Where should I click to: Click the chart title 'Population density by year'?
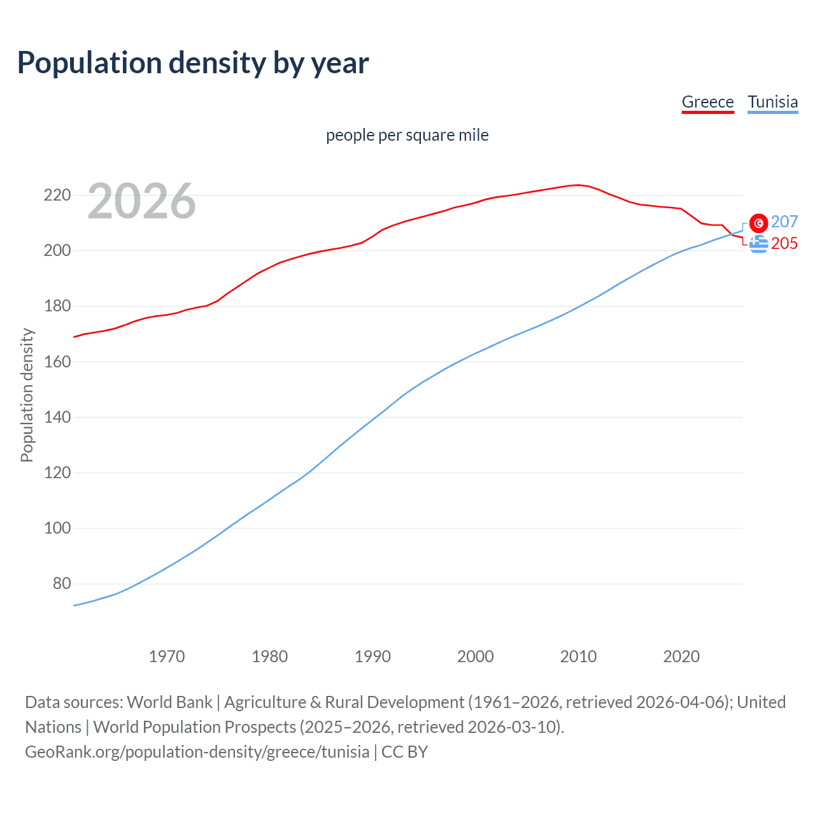tap(193, 63)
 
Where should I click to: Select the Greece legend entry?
tap(707, 102)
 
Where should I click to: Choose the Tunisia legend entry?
tap(772, 102)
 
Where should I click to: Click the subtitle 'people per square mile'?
tap(407, 135)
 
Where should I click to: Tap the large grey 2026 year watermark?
tap(141, 201)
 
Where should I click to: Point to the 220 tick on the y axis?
tap(57, 195)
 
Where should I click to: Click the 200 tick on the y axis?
tap(57, 250)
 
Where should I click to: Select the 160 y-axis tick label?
tap(57, 362)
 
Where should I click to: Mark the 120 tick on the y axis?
tap(57, 472)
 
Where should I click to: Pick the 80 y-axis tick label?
tap(61, 583)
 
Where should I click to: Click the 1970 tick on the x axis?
tap(167, 656)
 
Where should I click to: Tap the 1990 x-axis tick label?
tap(372, 656)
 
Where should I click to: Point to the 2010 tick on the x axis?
tap(578, 656)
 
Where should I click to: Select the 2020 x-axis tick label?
tap(681, 656)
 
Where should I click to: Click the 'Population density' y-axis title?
tap(27, 395)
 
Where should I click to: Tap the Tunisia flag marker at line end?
tap(758, 223)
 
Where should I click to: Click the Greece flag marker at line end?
tap(758, 244)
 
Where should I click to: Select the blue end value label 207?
tap(784, 222)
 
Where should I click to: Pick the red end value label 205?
tap(784, 243)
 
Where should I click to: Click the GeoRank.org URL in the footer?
tap(197, 751)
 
